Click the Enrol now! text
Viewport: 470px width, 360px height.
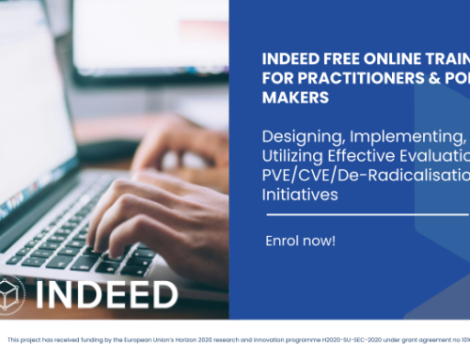(x=300, y=242)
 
